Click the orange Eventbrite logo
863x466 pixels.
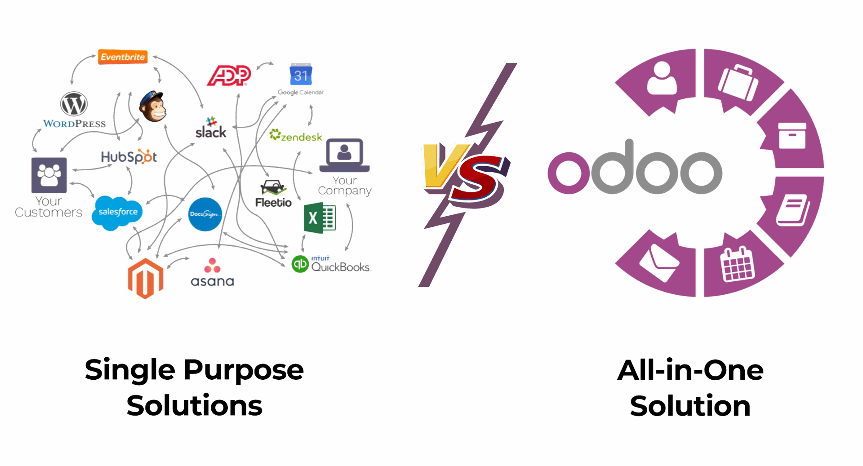coord(123,57)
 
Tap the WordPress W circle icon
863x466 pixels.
coord(74,104)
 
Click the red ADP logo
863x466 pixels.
coord(229,75)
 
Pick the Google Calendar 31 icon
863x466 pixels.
coord(301,75)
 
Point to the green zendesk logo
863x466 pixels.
coord(296,136)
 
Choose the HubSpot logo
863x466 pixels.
coord(129,156)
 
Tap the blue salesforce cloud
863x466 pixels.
coord(117,213)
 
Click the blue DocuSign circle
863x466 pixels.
coord(205,214)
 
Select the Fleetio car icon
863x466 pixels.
coord(273,187)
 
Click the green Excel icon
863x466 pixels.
coord(320,218)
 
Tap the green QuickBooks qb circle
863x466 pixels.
coord(300,264)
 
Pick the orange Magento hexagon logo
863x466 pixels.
coord(145,279)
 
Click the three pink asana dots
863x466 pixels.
coord(212,266)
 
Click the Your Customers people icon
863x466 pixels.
coord(49,175)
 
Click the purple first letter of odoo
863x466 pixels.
coord(569,173)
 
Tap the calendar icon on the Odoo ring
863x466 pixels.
coord(737,264)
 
